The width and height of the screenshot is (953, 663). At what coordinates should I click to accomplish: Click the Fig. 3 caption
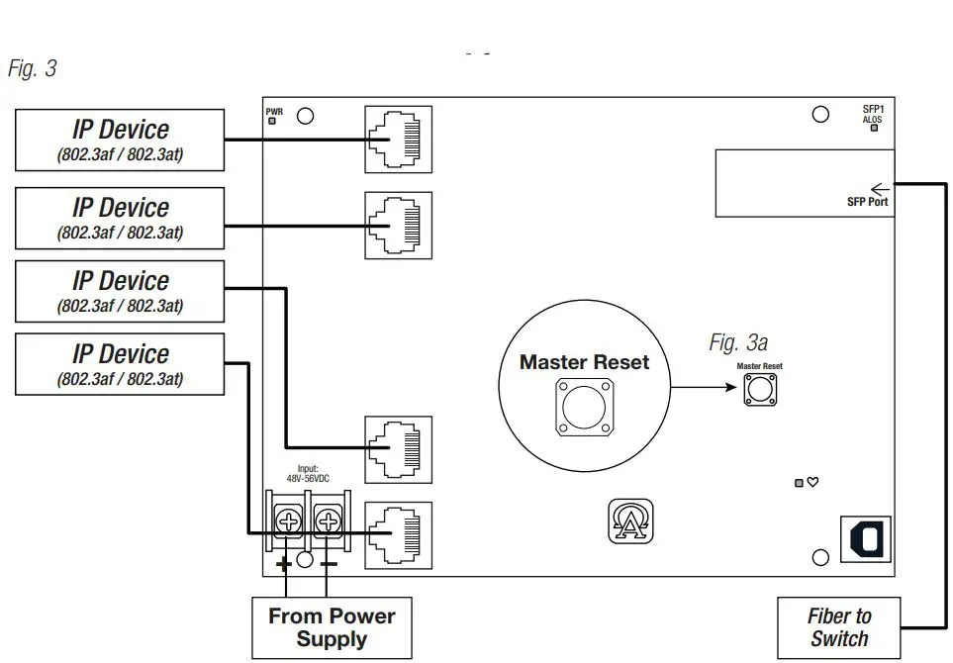[x=33, y=69]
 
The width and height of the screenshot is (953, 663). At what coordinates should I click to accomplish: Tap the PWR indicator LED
[x=273, y=122]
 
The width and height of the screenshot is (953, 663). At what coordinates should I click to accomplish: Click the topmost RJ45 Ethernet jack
[x=399, y=140]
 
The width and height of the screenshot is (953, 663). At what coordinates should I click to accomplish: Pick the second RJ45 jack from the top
[x=399, y=226]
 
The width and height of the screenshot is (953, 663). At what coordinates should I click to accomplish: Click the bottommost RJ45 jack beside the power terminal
[x=399, y=534]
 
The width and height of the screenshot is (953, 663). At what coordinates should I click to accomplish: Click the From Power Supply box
[x=332, y=627]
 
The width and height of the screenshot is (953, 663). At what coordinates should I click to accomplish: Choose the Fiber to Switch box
[x=839, y=627]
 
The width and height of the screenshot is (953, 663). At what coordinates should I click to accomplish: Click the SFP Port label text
[x=867, y=202]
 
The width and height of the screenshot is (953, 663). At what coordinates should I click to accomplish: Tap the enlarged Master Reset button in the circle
[x=584, y=405]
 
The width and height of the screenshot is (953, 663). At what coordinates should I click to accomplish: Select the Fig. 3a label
[x=738, y=343]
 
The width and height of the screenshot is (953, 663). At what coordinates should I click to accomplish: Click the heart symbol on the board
[x=812, y=482]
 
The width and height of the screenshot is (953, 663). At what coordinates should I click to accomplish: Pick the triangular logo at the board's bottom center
[x=630, y=521]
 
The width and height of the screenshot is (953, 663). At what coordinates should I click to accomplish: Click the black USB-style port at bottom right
[x=865, y=539]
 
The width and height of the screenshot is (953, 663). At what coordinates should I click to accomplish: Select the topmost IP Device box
[x=120, y=140]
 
